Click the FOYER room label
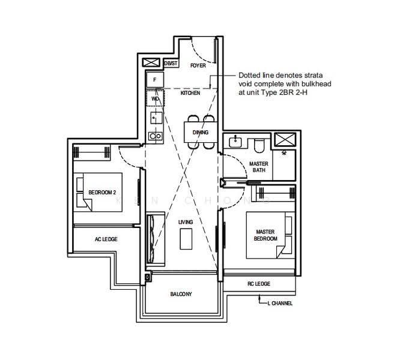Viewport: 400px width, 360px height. point(198,65)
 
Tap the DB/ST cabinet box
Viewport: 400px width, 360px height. point(171,63)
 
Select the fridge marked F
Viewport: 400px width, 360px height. point(155,80)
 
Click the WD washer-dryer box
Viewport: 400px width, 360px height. point(155,98)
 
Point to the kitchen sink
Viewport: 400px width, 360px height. point(156,118)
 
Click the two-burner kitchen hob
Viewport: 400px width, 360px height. point(156,136)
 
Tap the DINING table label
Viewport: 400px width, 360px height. point(200,132)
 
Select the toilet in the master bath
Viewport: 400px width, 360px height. point(259,146)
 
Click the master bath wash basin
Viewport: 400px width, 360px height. point(235,142)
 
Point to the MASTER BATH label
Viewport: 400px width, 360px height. point(259,167)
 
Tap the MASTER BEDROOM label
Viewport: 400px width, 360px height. point(265,235)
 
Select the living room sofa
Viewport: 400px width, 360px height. point(156,239)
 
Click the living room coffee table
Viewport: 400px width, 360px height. point(186,239)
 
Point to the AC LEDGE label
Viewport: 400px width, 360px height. point(106,239)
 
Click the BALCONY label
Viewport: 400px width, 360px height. point(181,294)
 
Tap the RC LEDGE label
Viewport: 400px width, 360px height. point(259,284)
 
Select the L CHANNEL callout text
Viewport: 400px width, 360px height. point(280,303)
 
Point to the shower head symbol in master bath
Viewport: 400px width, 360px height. point(283,153)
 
